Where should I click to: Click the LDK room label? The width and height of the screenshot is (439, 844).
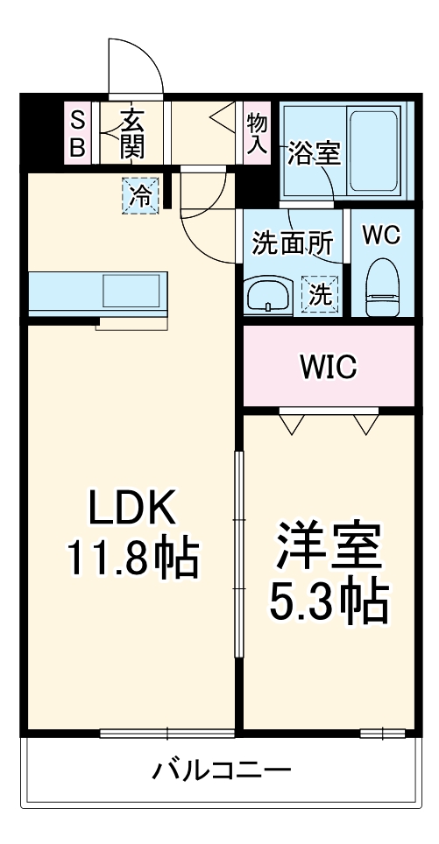(x=134, y=507)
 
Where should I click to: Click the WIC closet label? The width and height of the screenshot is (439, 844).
(x=329, y=368)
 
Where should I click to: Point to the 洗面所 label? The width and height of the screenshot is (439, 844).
(x=292, y=244)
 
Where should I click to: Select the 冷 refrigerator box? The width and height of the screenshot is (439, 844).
(x=140, y=194)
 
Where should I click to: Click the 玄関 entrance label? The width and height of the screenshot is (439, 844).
(x=131, y=134)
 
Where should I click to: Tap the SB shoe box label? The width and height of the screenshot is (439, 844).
(x=78, y=134)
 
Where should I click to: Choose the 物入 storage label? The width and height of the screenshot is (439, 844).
(x=256, y=134)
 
